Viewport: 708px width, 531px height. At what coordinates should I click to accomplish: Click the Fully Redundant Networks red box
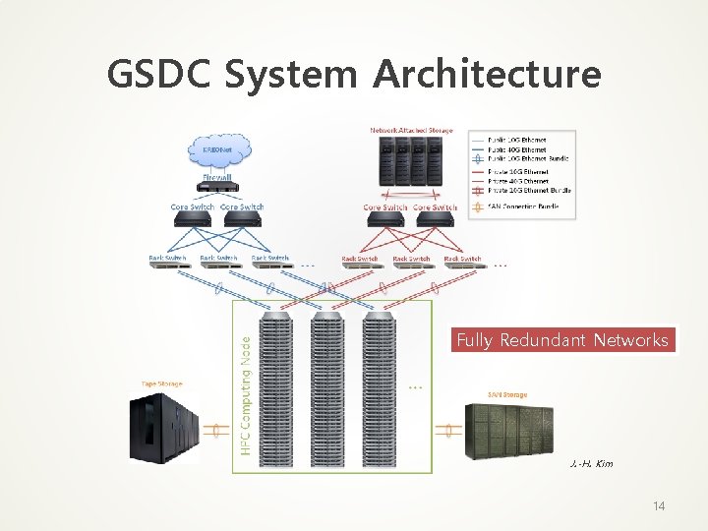tap(563, 340)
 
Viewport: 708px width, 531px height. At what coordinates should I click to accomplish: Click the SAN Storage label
tap(507, 395)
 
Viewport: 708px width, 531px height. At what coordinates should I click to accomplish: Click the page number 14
tap(659, 505)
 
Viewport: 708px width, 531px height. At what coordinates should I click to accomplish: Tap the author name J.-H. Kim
tap(591, 463)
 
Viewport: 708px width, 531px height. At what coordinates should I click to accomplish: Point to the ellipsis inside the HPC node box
tap(415, 386)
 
